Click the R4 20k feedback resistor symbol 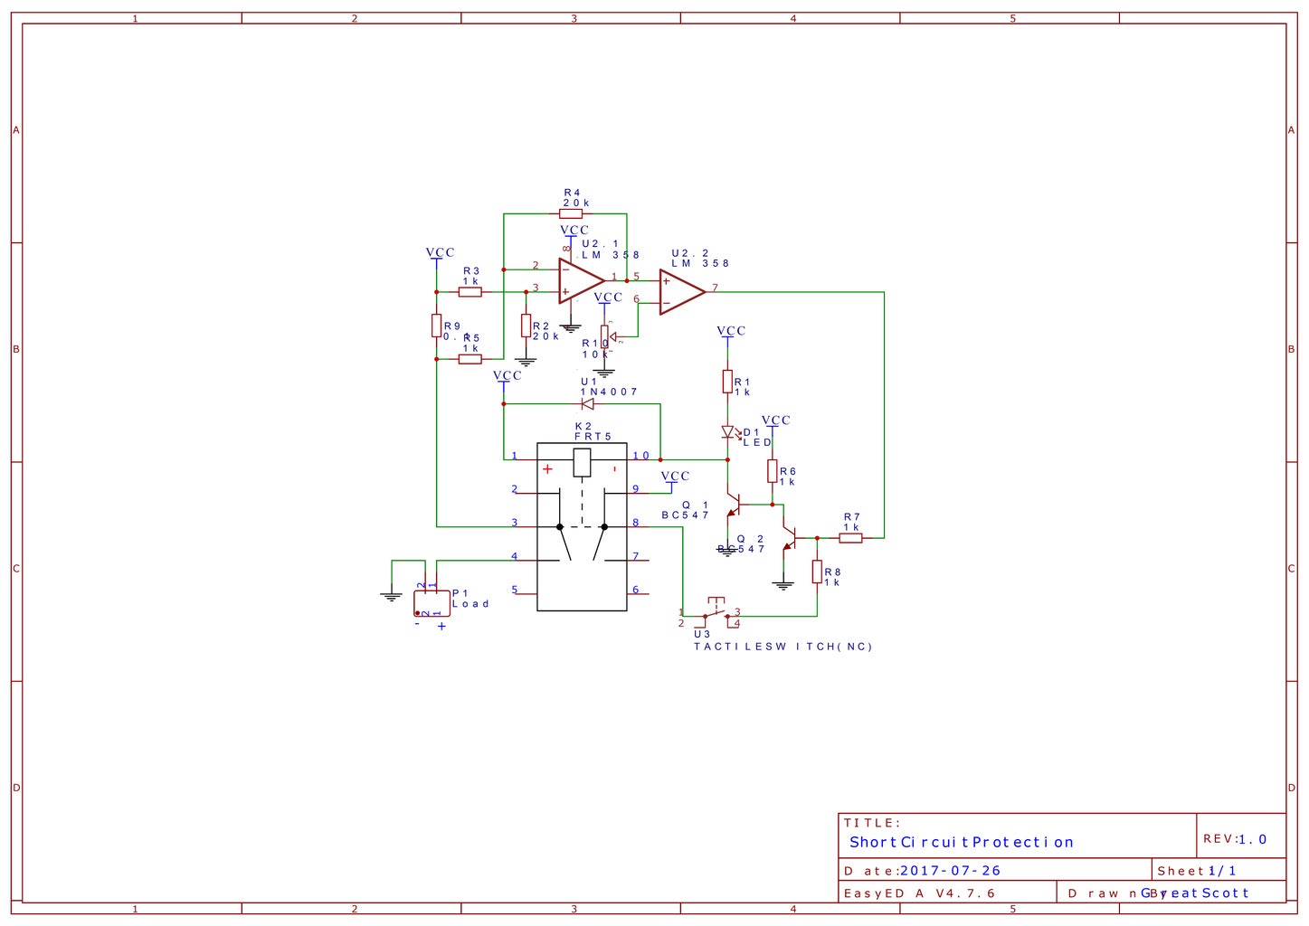pos(571,214)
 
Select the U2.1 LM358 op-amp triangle pos(580,280)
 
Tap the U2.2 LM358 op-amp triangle pos(680,292)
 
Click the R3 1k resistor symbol pos(470,292)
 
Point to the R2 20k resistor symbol pos(526,326)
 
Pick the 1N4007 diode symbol pos(588,404)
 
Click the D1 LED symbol pos(727,433)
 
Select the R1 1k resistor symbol pos(727,382)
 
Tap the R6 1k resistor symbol pos(772,471)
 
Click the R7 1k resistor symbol pos(850,538)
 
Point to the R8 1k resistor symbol pos(817,572)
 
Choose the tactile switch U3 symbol pos(716,612)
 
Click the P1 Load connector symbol pos(432,603)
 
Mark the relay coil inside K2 pos(582,463)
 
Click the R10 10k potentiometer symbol pos(604,337)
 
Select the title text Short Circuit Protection pos(961,842)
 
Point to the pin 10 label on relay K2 pos(640,456)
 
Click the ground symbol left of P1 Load pos(392,596)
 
